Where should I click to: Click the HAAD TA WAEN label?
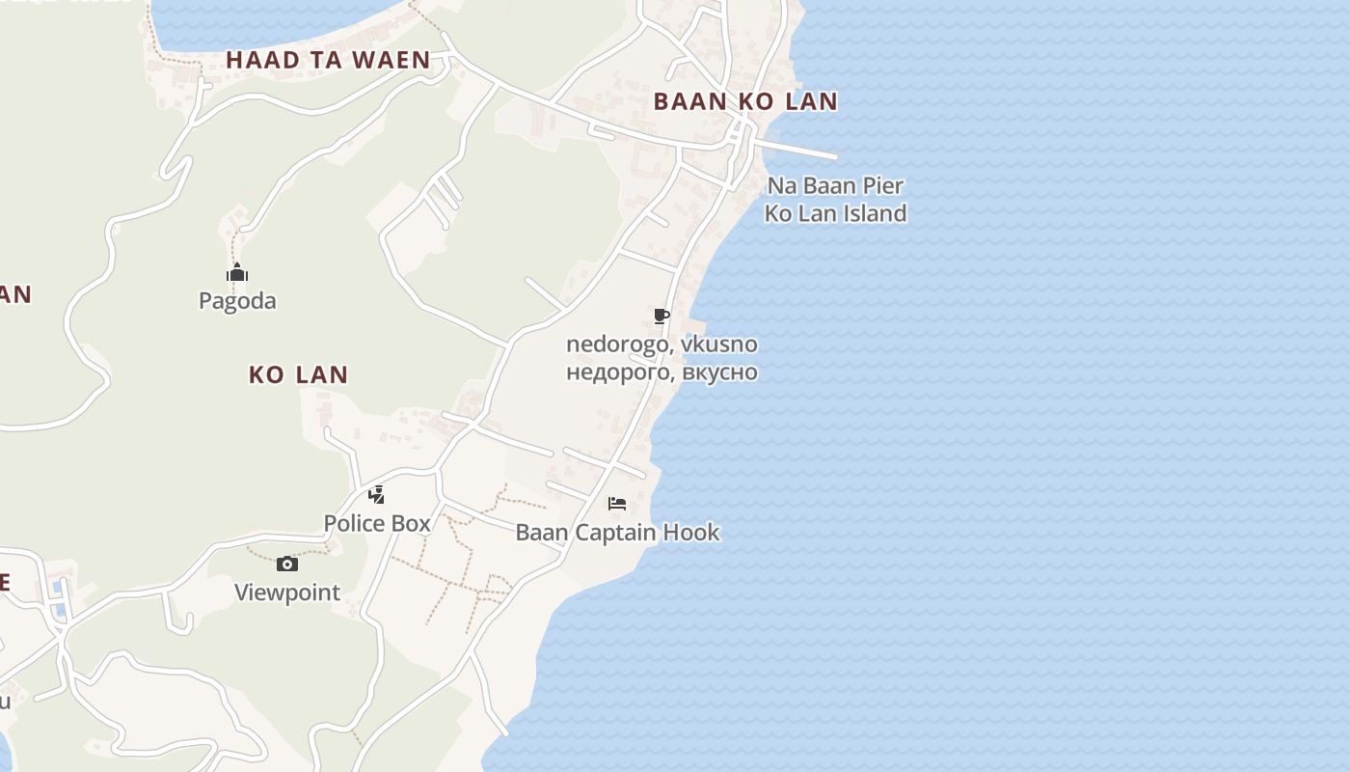coord(328,60)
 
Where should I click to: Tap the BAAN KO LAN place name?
coord(745,101)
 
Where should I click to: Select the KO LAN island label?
coord(298,374)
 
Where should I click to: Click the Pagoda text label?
coord(237,301)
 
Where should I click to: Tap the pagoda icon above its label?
coord(237,274)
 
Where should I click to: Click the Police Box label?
coord(377,523)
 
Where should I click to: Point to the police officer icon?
coord(377,495)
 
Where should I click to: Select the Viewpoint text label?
coord(287,593)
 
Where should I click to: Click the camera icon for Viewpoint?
coord(287,565)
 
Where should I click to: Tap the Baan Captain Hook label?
coord(618,533)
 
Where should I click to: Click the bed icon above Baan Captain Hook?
coord(618,504)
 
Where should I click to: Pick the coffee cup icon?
coord(661,317)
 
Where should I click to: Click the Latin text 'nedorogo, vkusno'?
coord(661,345)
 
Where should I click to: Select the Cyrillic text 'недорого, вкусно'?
coord(661,372)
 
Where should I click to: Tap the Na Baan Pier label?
coord(835,185)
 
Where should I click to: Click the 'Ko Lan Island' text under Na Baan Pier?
coord(835,213)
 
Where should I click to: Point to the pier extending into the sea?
coord(800,150)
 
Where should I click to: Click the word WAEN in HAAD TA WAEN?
coord(391,60)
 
